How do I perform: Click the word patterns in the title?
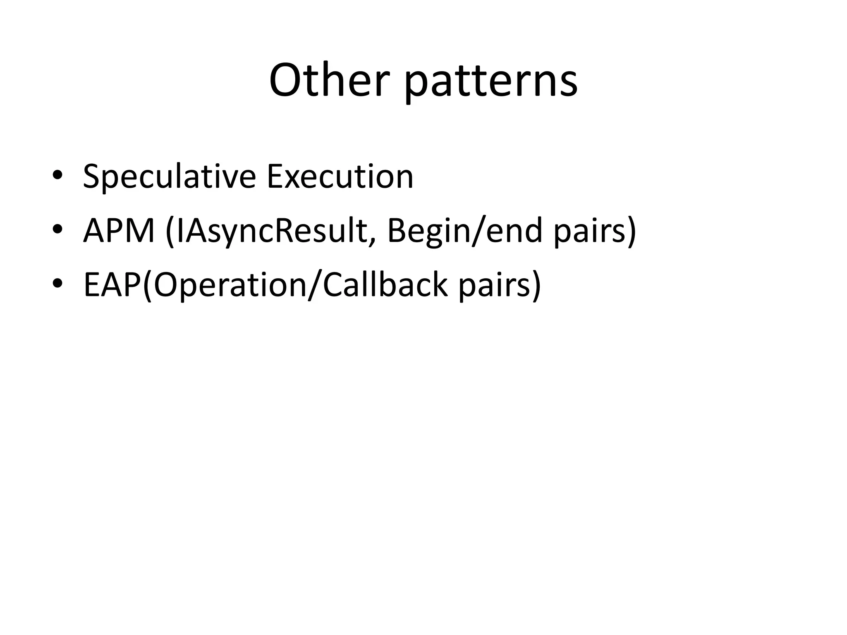(x=490, y=83)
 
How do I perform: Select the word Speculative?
(x=169, y=177)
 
